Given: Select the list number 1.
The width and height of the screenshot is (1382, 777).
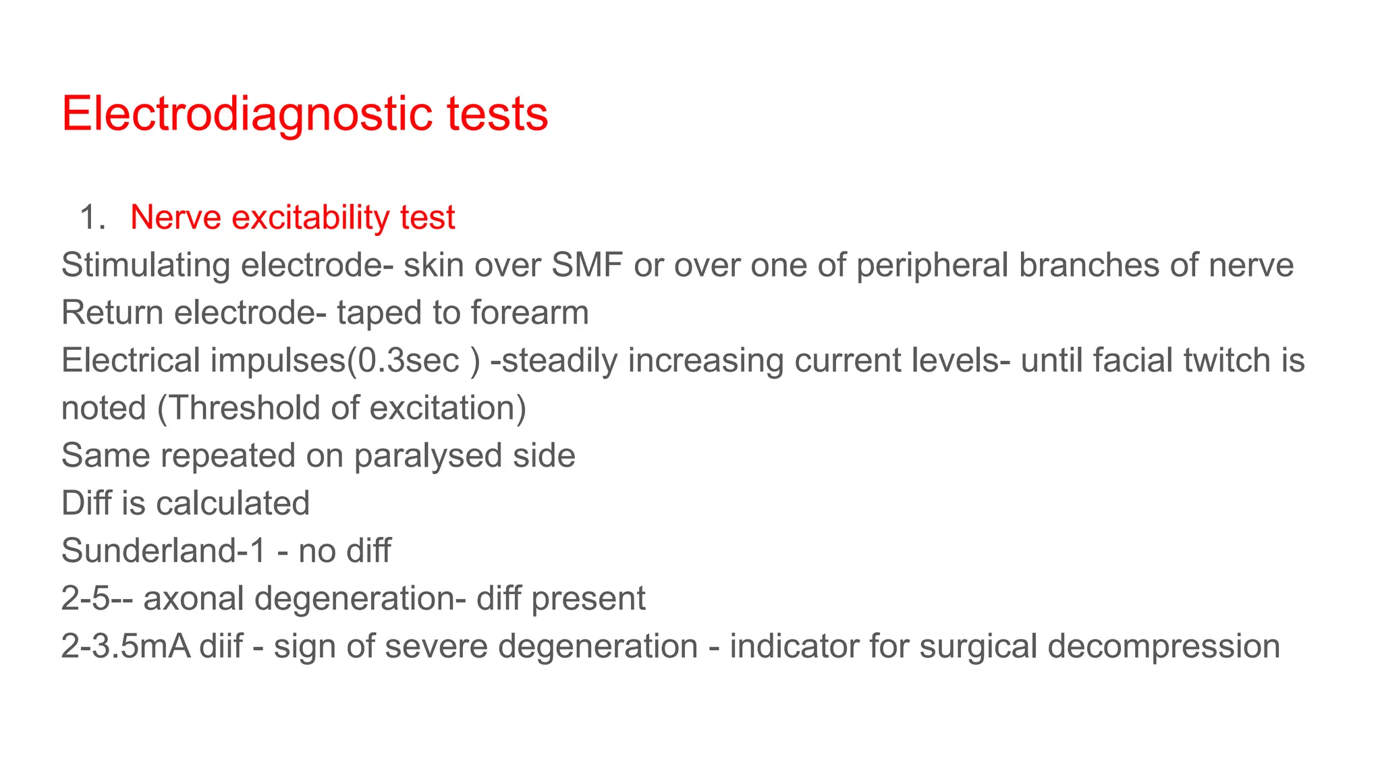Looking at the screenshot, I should tap(92, 218).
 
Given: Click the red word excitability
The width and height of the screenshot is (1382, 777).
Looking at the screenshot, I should tap(310, 218).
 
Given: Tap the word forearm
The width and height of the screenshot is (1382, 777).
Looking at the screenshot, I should tap(530, 313).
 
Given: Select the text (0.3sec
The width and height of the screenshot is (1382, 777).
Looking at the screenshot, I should tap(403, 360).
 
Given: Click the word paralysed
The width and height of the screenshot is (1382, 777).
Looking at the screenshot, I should tap(428, 456).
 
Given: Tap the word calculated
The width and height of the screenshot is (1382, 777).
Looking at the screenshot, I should tap(233, 503).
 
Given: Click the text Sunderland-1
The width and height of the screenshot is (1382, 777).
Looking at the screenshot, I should tap(164, 551).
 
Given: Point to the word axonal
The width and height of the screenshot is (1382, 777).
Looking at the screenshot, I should tap(194, 599).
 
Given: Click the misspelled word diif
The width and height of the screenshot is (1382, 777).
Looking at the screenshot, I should tap(221, 646).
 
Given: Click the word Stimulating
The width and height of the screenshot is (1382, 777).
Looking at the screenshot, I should tap(146, 265).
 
